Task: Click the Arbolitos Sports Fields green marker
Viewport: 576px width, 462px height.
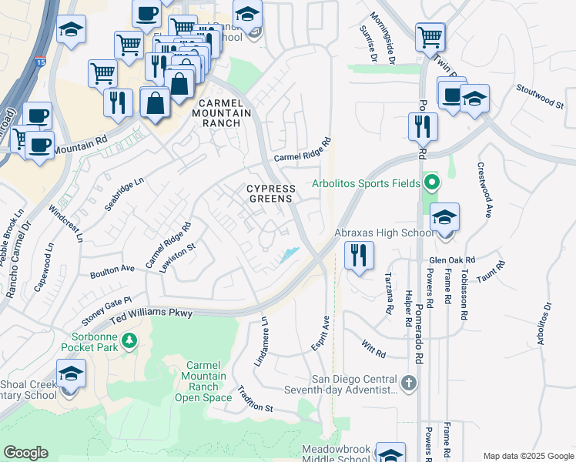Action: coord(432,183)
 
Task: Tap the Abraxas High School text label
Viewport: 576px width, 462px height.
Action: coord(382,233)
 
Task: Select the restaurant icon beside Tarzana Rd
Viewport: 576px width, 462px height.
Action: coord(359,255)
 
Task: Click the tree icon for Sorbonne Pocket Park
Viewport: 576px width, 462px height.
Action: coord(130,340)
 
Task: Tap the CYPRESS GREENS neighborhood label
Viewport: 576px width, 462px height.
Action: coord(270,193)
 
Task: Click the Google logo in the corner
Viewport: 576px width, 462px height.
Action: coord(25,453)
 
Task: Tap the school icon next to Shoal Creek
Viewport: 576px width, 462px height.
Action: coord(71,374)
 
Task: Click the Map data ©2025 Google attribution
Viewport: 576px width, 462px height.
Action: coord(527,455)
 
